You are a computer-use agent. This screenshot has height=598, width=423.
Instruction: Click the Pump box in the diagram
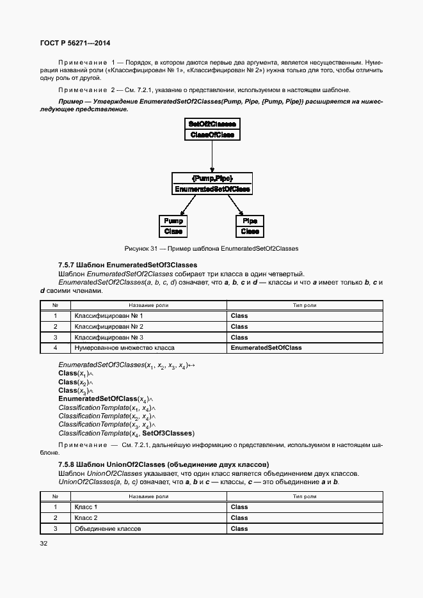(173, 226)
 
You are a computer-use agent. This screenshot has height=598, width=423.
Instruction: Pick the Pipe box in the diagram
(250, 226)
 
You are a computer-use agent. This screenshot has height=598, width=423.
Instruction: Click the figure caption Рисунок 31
(211, 248)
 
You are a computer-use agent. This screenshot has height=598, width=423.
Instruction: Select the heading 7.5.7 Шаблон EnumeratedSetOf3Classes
(127, 265)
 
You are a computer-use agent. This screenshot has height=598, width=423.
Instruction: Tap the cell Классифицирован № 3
(109, 337)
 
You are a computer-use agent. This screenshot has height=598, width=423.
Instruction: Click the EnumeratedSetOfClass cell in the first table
(266, 348)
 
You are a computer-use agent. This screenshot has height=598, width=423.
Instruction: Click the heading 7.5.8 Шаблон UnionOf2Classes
(163, 464)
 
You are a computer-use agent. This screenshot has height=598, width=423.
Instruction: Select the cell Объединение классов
(108, 528)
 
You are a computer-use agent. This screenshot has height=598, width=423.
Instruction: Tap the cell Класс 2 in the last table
(86, 517)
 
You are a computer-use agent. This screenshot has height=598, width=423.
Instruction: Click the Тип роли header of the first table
(305, 305)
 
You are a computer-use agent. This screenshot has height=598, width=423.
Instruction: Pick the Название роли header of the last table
(148, 496)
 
